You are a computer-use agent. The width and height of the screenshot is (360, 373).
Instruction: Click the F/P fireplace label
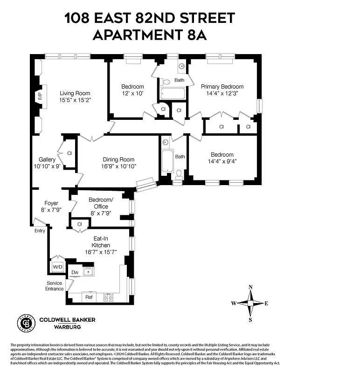[x=40, y=97]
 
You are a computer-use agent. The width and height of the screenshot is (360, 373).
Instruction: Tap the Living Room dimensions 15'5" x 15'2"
[x=75, y=100]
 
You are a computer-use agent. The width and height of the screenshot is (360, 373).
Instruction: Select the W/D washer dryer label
[x=58, y=267]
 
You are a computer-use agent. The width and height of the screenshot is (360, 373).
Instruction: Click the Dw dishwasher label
[x=75, y=273]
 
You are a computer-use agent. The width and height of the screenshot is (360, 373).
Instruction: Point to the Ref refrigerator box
[x=89, y=296]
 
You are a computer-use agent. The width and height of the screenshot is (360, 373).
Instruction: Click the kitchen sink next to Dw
[x=89, y=271]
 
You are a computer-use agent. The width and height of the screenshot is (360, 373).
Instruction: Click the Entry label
[x=40, y=230]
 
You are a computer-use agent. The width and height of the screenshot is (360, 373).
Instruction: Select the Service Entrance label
[x=55, y=286]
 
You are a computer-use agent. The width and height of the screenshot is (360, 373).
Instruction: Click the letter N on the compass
[x=250, y=287]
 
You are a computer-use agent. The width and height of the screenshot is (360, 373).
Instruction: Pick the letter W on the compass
[x=234, y=304]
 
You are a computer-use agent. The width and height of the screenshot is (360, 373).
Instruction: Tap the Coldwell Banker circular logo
[x=27, y=322]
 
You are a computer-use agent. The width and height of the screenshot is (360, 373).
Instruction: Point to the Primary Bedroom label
[x=222, y=87]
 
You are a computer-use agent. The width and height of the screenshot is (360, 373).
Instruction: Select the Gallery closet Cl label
[x=69, y=153]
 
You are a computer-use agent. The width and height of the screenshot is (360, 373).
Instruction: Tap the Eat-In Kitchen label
[x=101, y=242]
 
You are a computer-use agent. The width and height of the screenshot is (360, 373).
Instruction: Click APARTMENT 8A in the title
[x=149, y=35]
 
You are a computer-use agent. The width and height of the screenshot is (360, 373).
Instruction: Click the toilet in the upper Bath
[x=166, y=82]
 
